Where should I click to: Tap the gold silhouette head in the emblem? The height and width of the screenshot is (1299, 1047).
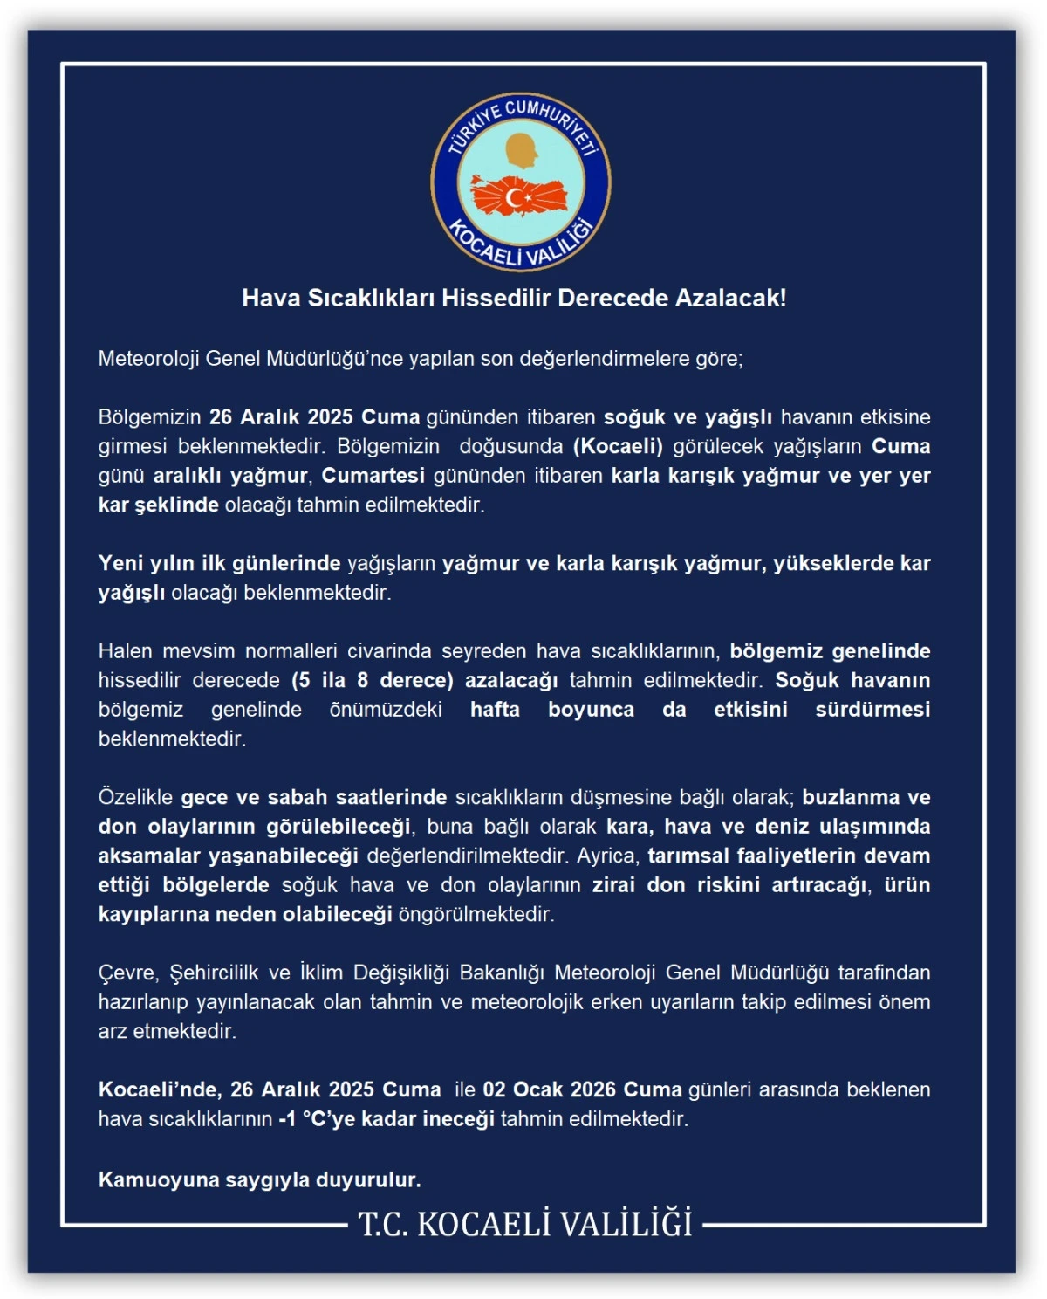click(x=523, y=151)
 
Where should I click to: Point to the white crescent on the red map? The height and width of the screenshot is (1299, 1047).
click(x=516, y=199)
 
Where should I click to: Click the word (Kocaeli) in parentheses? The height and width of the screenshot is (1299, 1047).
click(x=618, y=446)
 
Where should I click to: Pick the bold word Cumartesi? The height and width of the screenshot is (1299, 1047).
click(x=373, y=476)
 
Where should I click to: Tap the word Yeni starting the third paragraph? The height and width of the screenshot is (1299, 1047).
click(x=120, y=563)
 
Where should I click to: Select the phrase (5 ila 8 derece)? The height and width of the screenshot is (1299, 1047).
click(x=373, y=680)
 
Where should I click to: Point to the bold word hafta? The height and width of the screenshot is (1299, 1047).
click(x=495, y=710)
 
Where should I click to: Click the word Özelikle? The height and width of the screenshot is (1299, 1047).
click(x=135, y=797)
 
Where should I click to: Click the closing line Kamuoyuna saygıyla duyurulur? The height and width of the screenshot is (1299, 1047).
click(x=259, y=1180)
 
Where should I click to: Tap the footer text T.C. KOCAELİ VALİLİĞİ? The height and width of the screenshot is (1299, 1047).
click(x=524, y=1224)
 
